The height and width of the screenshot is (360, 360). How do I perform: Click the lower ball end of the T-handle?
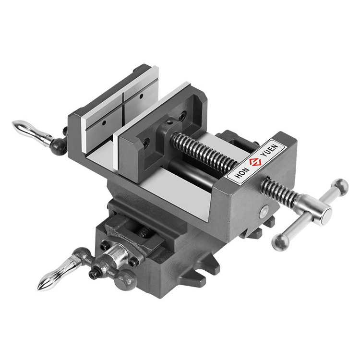(281, 242)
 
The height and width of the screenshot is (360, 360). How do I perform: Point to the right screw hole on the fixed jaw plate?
(142, 96)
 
